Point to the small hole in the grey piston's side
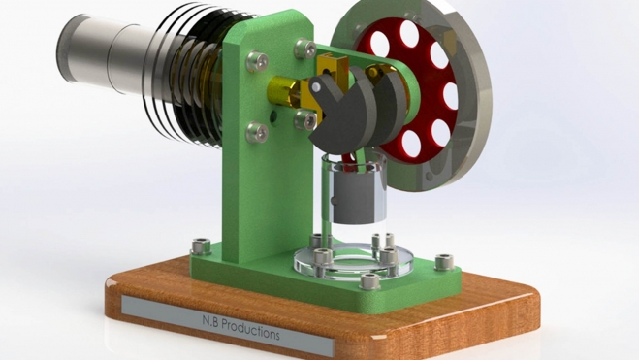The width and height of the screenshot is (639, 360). click(x=335, y=201)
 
